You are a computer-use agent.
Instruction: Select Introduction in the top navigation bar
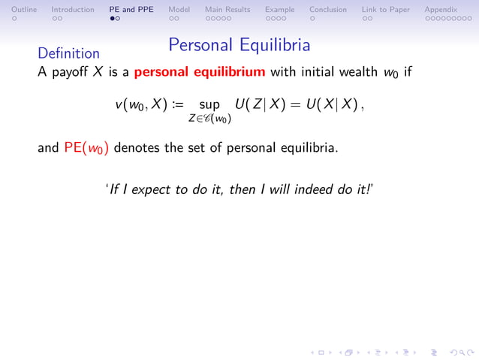point(73,10)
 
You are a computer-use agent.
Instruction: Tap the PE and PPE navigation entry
point(131,10)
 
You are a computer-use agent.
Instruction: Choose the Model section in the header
point(179,10)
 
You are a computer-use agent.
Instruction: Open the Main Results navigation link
point(227,10)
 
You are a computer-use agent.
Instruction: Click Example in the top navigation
point(279,10)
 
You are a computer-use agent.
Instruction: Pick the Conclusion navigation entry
point(328,10)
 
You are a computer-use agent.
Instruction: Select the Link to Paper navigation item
point(386,10)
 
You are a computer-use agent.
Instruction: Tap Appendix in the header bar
point(441,10)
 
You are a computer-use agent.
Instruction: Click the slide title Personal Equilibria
point(239,45)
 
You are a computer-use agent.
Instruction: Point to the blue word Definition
point(68,53)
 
